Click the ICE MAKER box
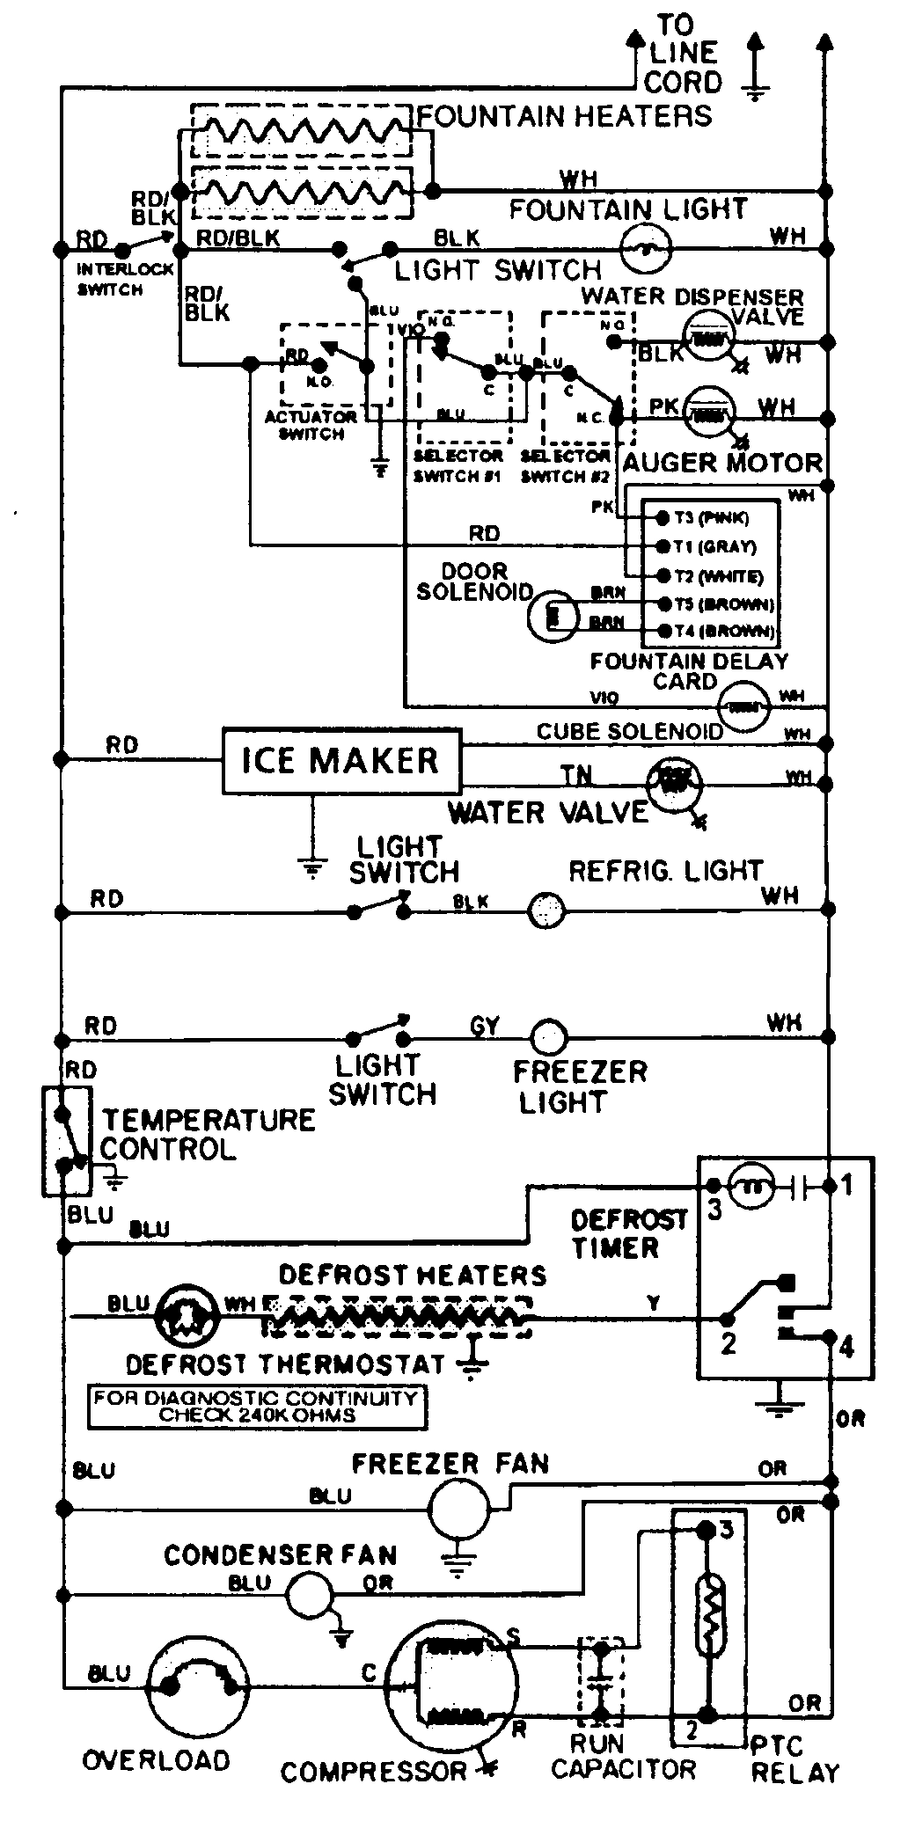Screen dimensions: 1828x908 click(340, 760)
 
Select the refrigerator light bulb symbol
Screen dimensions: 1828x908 click(546, 911)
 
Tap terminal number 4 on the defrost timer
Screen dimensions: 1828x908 click(846, 1346)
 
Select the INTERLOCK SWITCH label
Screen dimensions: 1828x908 click(112, 279)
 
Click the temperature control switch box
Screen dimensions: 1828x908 click(67, 1141)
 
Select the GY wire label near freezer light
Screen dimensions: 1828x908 click(485, 1025)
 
